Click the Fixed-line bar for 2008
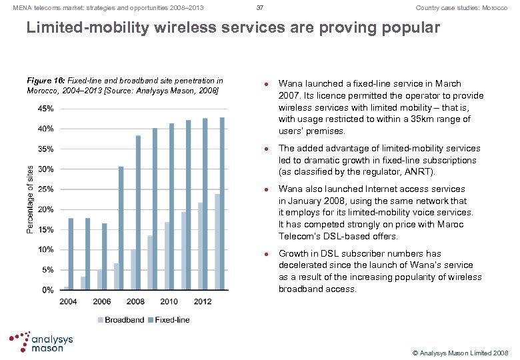(139, 213)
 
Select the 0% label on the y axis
(48, 290)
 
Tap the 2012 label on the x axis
(203, 302)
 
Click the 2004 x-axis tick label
(69, 302)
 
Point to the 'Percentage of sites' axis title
(29, 199)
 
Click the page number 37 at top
(260, 8)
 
